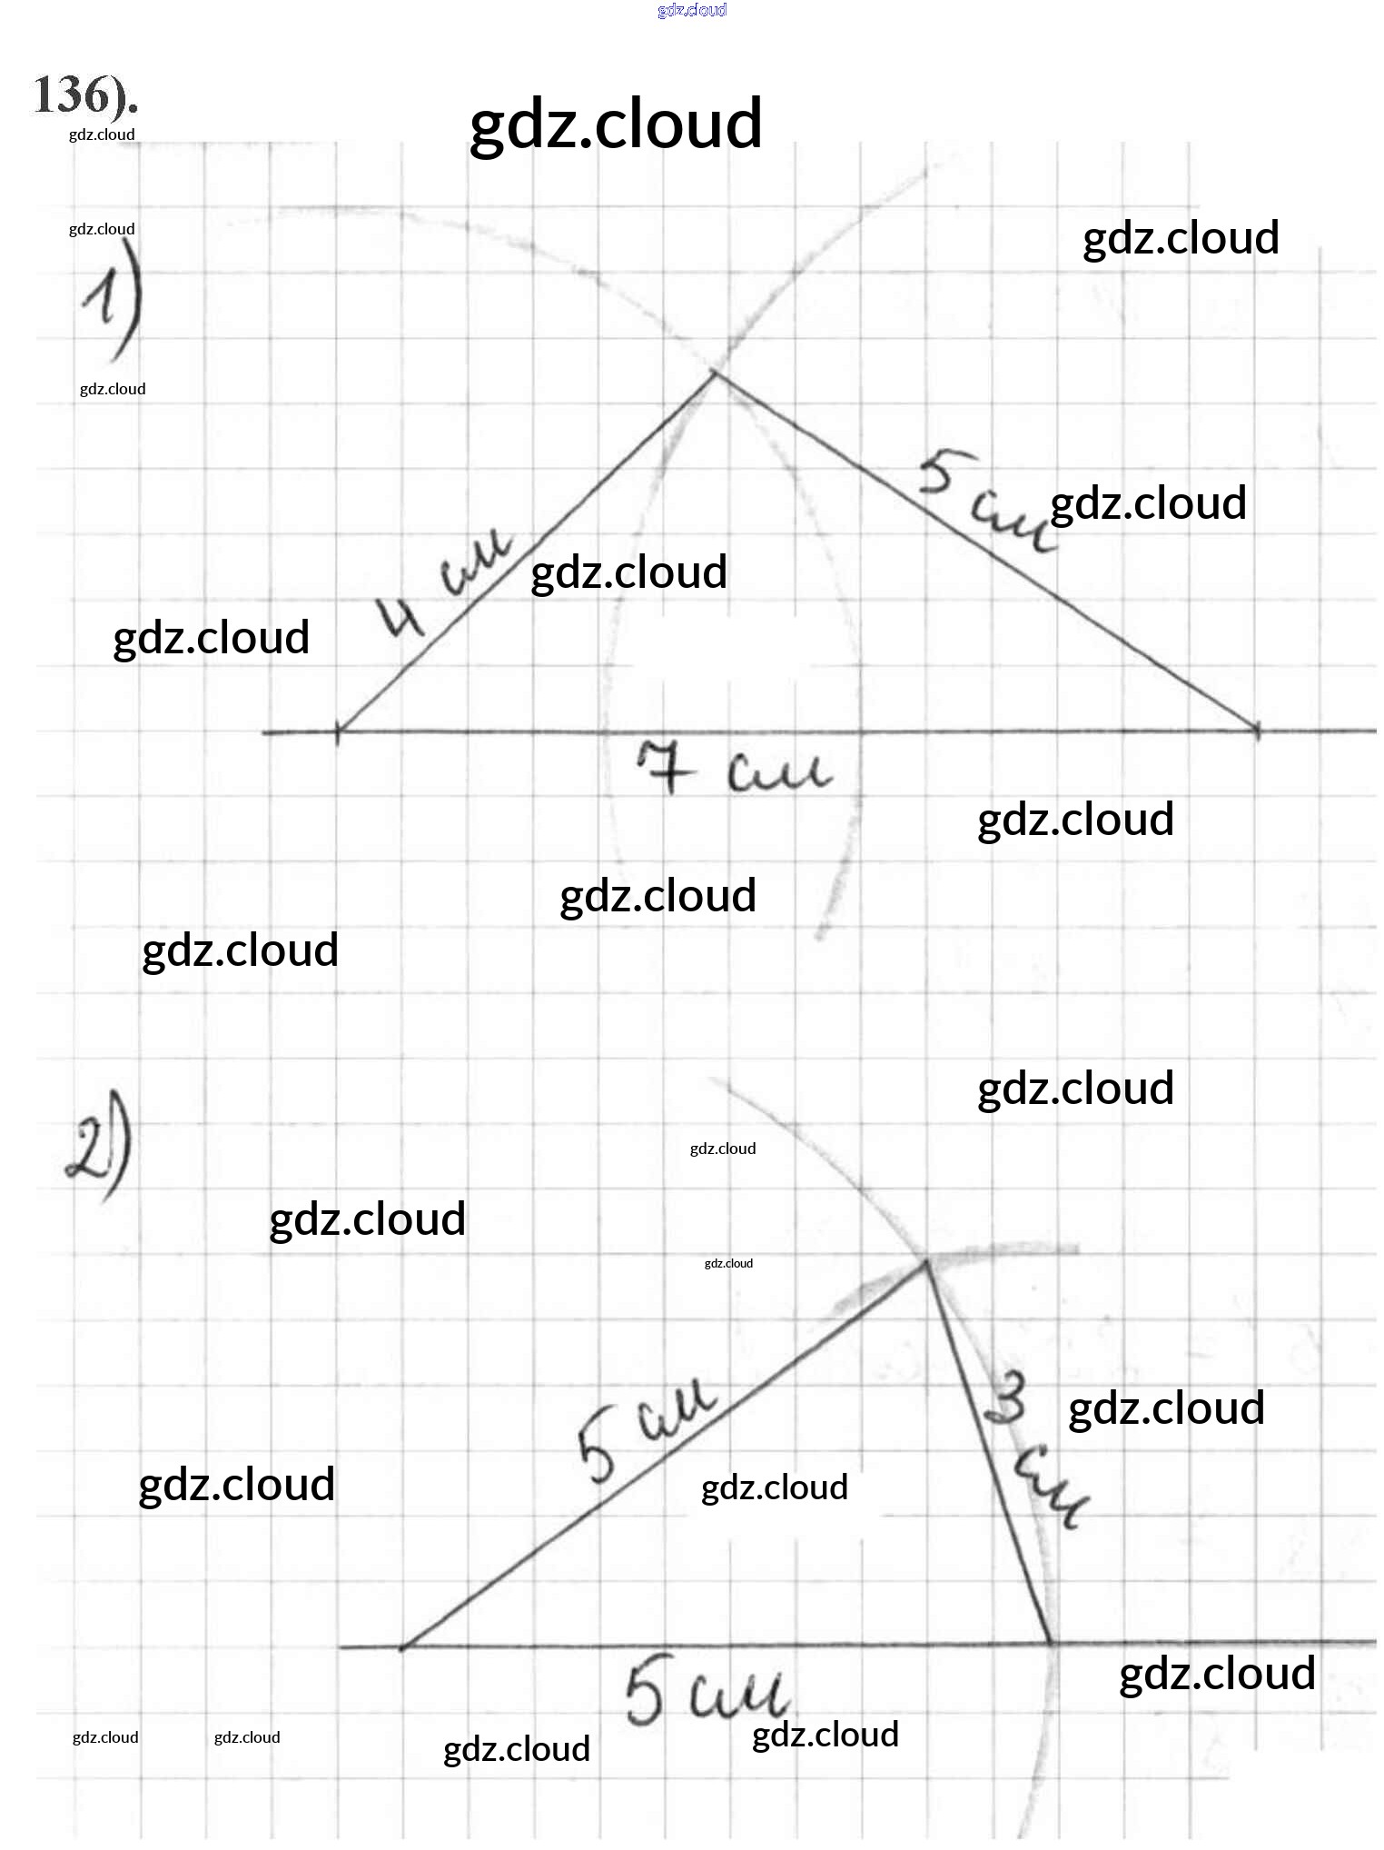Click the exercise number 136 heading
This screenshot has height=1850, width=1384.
(x=84, y=96)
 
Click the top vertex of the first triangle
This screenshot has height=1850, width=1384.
(x=717, y=372)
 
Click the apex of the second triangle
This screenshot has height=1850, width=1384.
(x=926, y=1261)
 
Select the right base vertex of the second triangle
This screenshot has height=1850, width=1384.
(x=1052, y=1643)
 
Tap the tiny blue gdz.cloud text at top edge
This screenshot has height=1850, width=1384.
(x=692, y=10)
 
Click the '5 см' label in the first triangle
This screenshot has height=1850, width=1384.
(x=985, y=502)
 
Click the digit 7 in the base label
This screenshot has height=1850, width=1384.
(x=665, y=766)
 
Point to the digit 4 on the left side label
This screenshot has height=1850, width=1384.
(x=401, y=618)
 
